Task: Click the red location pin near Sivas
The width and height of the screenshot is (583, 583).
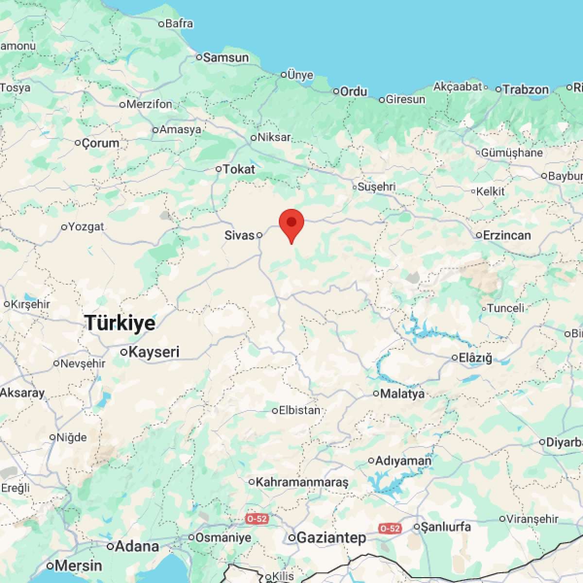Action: [x=291, y=224]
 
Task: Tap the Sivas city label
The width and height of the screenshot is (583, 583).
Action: [x=240, y=236]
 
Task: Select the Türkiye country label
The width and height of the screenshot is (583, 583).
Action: [x=120, y=323]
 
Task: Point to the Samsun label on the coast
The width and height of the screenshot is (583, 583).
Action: [x=226, y=58]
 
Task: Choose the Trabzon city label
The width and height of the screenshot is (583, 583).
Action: [x=526, y=89]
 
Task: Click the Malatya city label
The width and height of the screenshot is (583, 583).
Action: [x=403, y=394]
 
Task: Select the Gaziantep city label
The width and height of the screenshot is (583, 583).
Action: [x=331, y=538]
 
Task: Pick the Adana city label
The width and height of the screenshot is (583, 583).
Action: [x=137, y=546]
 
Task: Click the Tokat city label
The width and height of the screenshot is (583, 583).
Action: [x=239, y=169]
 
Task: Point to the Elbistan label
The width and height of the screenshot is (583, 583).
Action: [x=300, y=411]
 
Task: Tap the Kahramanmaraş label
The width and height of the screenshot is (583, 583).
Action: [x=302, y=482]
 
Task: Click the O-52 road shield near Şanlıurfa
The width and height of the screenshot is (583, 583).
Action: [x=390, y=528]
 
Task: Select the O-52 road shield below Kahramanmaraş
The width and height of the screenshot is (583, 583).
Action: [x=257, y=518]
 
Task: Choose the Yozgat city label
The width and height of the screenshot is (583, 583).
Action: [x=86, y=227]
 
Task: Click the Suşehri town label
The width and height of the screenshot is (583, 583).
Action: [x=377, y=187]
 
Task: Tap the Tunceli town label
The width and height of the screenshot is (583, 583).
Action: [x=506, y=308]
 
